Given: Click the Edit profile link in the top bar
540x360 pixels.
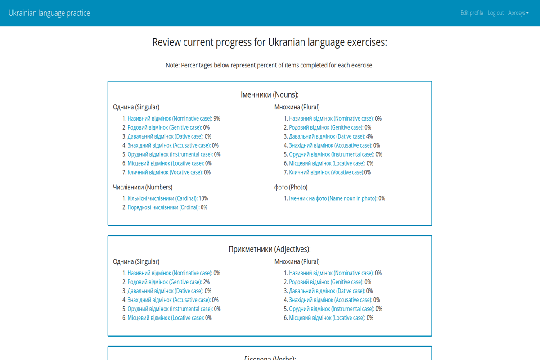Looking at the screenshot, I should pyautogui.click(x=472, y=13).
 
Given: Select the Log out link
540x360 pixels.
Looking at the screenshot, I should pyautogui.click(x=495, y=13).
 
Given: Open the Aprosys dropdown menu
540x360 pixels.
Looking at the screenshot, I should pyautogui.click(x=518, y=13).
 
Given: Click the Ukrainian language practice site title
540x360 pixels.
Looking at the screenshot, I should pyautogui.click(x=49, y=13).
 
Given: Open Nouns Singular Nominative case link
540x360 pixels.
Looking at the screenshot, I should pyautogui.click(x=170, y=119).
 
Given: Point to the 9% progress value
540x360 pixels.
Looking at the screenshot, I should pyautogui.click(x=217, y=119).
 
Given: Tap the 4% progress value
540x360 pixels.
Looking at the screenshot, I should pyautogui.click(x=369, y=136).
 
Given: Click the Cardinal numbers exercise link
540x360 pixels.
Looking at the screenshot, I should pyautogui.click(x=162, y=198).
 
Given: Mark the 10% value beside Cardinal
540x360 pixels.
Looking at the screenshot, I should pyautogui.click(x=203, y=198).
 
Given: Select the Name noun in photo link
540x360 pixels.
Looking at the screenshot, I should pyautogui.click(x=333, y=198).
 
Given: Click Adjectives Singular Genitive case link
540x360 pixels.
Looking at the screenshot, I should pyautogui.click(x=165, y=282).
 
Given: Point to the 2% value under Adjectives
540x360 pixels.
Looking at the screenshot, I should pyautogui.click(x=207, y=282).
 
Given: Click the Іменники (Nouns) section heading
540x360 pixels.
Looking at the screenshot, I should pyautogui.click(x=270, y=95).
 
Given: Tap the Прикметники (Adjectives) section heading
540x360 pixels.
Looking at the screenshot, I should pyautogui.click(x=270, y=249).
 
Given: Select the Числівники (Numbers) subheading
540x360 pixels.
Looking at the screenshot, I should pyautogui.click(x=143, y=187).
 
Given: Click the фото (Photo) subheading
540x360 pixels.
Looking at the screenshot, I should pyautogui.click(x=291, y=187).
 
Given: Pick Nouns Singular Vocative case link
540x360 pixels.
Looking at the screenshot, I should pyautogui.click(x=165, y=172).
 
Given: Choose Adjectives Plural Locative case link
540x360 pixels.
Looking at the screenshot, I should pyautogui.click(x=327, y=318).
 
